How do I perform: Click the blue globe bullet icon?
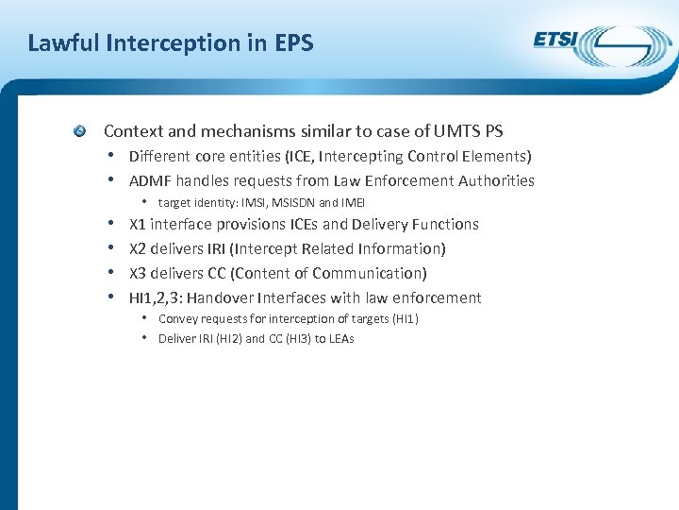coord(82,130)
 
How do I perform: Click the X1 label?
coord(138,224)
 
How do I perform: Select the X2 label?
coord(138,248)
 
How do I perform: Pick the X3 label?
coord(138,273)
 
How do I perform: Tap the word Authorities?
coord(497,180)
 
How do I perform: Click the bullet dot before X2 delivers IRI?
coord(111,248)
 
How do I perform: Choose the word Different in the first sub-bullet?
coord(157,156)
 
